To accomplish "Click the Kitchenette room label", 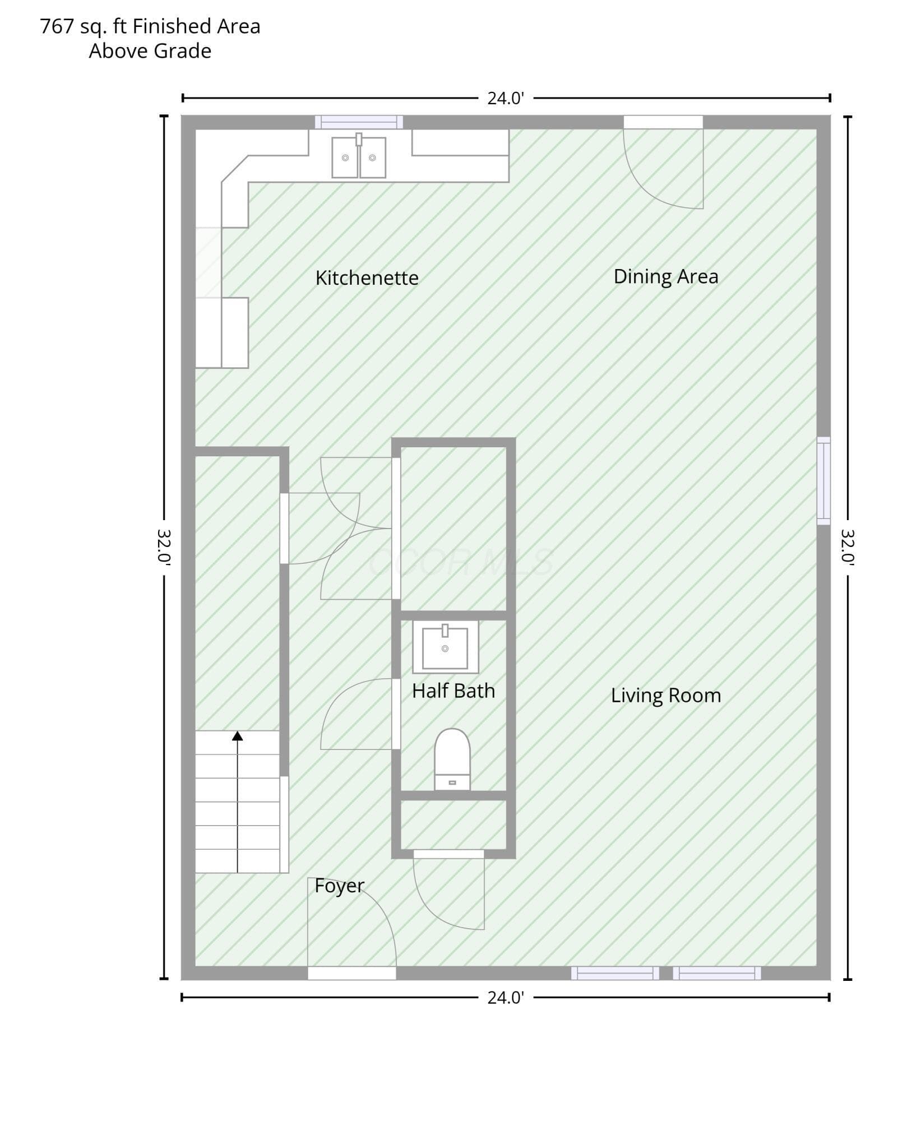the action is pos(367,278).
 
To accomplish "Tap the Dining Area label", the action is pos(666,276).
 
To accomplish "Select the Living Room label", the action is pos(666,696).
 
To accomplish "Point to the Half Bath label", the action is pos(453,691).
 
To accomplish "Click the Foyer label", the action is pos(340,886).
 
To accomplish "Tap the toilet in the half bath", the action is pos(452,759).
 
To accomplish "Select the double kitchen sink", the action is pos(359,156).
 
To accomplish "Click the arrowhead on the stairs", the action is pos(238,736).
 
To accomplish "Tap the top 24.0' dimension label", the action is pos(506,98).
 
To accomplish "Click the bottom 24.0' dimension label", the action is pos(506,998).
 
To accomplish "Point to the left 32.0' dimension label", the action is pos(164,546).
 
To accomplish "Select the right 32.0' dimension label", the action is pos(848,546).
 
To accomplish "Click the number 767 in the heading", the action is pos(57,26).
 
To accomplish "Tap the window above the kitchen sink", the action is pos(359,122).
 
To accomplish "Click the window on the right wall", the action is pos(823,481).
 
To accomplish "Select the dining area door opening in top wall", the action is pos(663,122).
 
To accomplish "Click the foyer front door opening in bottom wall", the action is pos(352,973).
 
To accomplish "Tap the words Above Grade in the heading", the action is pos(150,51).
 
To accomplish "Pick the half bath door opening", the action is pos(396,714).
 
